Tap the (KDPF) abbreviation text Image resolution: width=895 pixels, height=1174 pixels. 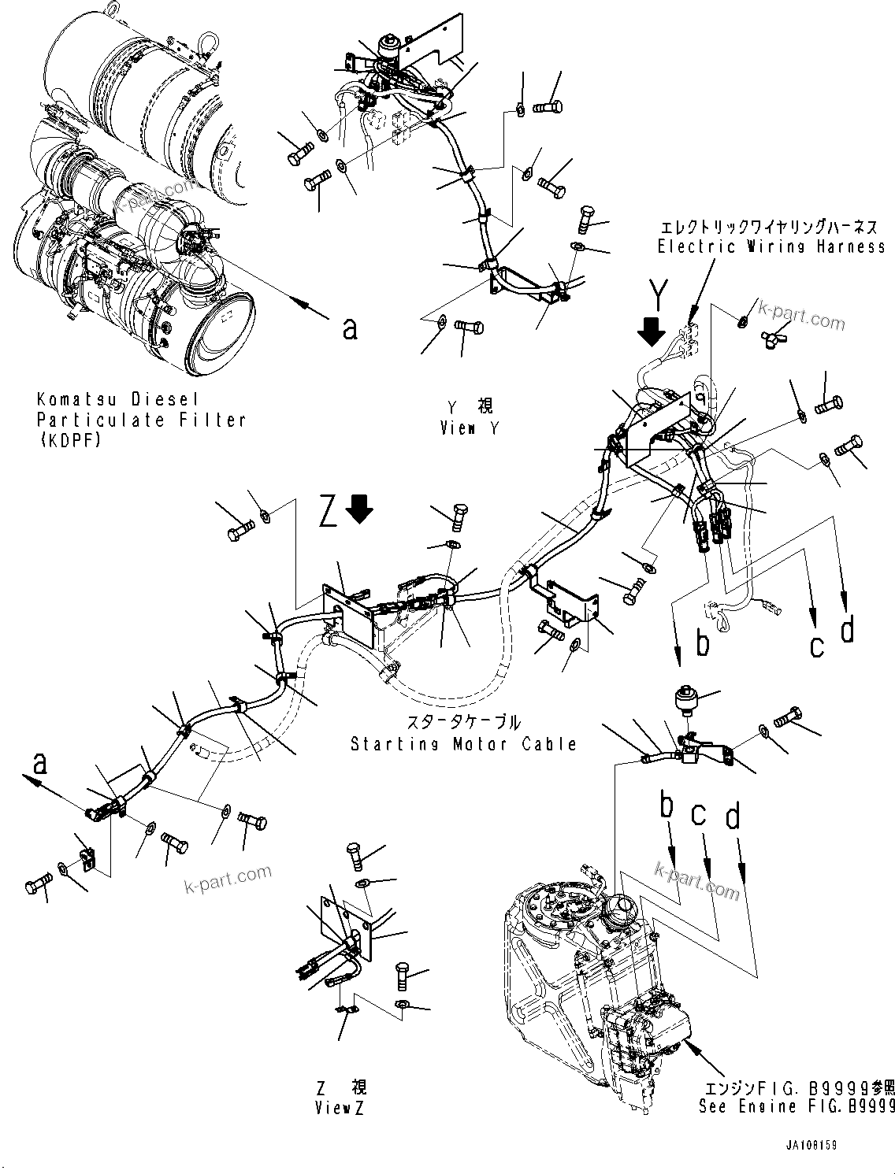(69, 441)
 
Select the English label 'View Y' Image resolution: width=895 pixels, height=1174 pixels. (469, 428)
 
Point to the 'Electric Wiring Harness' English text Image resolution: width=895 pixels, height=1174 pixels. (771, 247)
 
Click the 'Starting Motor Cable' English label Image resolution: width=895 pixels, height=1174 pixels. (464, 743)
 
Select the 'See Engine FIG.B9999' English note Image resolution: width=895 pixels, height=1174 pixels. (796, 1106)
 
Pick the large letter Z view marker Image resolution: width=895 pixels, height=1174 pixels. (330, 512)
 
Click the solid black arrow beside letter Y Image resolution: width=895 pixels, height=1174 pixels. (652, 334)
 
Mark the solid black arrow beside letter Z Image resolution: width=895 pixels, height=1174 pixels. (362, 509)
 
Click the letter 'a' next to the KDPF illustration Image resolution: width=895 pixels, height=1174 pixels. (350, 328)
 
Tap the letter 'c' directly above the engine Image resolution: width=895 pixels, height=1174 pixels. (699, 816)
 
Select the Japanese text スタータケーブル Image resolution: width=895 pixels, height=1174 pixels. (463, 722)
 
